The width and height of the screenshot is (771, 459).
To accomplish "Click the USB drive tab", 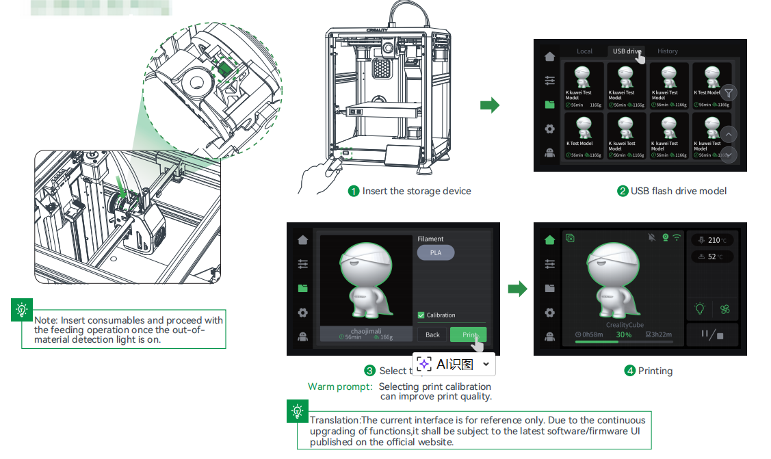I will [626, 51].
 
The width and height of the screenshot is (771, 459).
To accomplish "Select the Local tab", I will [584, 51].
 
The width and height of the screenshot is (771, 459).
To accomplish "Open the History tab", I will [667, 51].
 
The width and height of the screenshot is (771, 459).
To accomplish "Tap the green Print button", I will [468, 335].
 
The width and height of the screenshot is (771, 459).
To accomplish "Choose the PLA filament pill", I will [436, 252].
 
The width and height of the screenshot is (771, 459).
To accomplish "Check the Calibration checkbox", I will [421, 315].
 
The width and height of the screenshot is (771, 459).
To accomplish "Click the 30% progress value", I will [623, 335].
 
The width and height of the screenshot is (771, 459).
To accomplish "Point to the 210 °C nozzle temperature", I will [714, 240].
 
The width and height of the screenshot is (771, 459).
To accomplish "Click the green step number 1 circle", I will [354, 192].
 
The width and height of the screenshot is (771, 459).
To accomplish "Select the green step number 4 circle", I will [630, 371].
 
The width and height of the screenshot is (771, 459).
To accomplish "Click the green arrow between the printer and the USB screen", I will [490, 105].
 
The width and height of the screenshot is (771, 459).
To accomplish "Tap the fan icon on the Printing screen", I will [724, 309].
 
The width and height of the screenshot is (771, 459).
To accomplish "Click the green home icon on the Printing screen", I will [549, 239].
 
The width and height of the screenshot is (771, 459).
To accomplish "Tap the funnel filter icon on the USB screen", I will [729, 92].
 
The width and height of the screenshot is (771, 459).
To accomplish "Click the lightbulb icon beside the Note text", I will [23, 310].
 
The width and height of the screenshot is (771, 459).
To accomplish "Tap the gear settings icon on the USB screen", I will [549, 129].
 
